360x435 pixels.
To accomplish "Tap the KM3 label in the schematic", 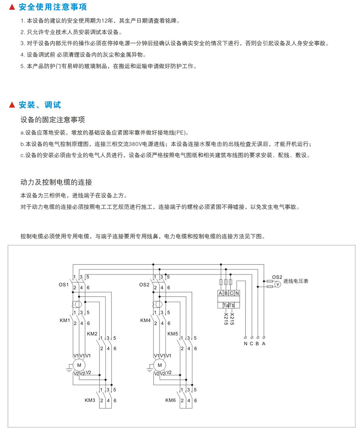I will click(90, 400).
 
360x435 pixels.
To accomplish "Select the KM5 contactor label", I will click(173, 334).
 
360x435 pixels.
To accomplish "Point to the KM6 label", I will click(171, 400).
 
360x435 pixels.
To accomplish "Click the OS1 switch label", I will click(64, 284).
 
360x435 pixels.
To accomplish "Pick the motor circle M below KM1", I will click(78, 365).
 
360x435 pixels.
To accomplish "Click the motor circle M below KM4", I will click(159, 365).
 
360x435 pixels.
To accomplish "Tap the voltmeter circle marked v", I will click(277, 284).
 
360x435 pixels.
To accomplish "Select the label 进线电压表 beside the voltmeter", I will click(296, 281).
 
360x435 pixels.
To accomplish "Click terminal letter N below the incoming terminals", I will click(246, 343).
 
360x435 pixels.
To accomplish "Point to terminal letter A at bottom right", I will click(264, 343).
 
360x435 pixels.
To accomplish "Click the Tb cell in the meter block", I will click(232, 306).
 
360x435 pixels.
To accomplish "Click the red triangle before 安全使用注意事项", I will click(12, 7).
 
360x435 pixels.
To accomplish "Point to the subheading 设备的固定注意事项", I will click(53, 120).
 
